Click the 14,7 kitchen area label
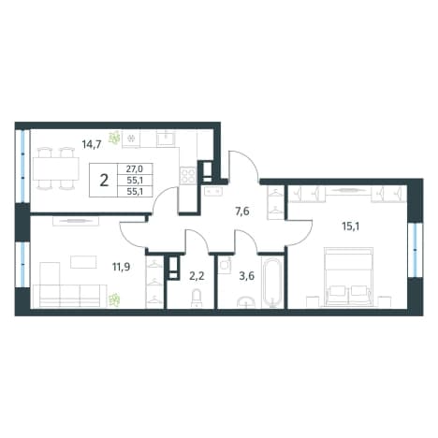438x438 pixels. point(92,145)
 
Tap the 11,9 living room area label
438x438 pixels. point(122,267)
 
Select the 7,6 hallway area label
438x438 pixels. point(242,212)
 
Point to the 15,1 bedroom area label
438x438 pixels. point(351,226)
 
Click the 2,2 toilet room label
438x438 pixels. point(197,276)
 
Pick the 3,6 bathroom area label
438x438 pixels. point(247,276)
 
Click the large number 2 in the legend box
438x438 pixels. point(104,181)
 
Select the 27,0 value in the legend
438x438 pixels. point(135,169)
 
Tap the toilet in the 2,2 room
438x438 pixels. point(197,299)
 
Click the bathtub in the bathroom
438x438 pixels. point(272,284)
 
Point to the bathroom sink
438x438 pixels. point(246,303)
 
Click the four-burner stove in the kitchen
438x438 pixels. point(188,175)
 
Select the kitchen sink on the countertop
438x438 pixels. point(166,138)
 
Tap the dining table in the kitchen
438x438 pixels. point(56,168)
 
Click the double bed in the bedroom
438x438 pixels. point(348,277)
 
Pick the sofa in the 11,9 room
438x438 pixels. point(70,296)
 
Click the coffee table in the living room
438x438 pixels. point(83,262)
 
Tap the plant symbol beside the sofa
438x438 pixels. point(114,299)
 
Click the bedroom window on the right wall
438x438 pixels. point(415,250)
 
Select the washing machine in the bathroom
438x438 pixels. point(225,266)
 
